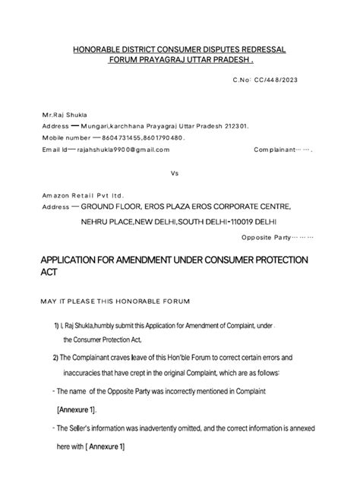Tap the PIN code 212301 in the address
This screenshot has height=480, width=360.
(242, 125)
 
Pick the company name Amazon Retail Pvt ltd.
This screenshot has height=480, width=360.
(82, 195)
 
